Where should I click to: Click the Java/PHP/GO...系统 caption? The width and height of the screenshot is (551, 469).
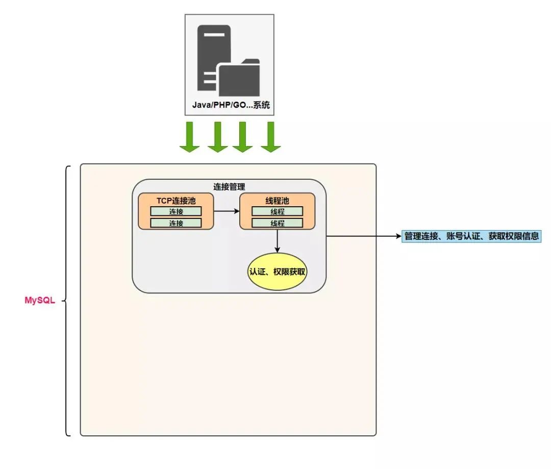(230, 106)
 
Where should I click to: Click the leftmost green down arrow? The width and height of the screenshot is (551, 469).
(189, 137)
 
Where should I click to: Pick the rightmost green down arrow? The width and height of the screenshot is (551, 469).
(271, 137)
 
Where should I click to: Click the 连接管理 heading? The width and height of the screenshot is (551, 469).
(229, 187)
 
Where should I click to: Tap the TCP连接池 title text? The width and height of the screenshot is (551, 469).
(176, 201)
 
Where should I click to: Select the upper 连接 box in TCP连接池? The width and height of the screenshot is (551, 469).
(176, 211)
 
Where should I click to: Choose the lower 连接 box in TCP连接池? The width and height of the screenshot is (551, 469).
(176, 223)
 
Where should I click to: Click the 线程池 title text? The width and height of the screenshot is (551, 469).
(277, 201)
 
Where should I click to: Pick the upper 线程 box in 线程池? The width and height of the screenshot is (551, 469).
(278, 211)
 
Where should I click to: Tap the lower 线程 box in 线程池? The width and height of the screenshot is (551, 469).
(278, 223)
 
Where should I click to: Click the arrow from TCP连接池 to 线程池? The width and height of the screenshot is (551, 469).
(227, 210)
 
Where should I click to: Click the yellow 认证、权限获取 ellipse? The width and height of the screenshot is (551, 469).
(277, 271)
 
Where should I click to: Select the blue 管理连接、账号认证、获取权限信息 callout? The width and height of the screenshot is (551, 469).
(471, 236)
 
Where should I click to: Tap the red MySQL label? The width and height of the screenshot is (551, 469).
(39, 300)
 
